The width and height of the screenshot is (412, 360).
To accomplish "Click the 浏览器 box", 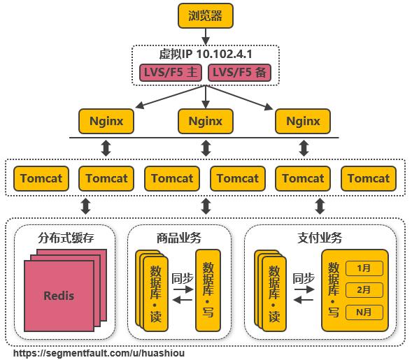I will pyautogui.click(x=205, y=15).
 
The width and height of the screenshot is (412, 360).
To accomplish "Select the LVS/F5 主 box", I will pyautogui.click(x=170, y=72).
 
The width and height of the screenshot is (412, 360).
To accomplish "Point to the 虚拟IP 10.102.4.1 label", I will pyautogui.click(x=205, y=54).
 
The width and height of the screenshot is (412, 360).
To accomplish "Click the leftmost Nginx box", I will pyautogui.click(x=106, y=122).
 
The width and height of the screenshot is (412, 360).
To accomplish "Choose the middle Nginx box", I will pyautogui.click(x=205, y=122).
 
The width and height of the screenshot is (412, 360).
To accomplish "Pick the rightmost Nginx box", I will pyautogui.click(x=303, y=122).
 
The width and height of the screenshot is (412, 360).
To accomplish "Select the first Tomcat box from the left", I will pyautogui.click(x=41, y=178).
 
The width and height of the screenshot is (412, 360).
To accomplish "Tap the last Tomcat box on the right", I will pyautogui.click(x=369, y=178).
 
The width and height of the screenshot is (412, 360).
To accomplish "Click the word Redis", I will pyautogui.click(x=59, y=295).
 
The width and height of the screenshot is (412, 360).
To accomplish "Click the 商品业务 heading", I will pyautogui.click(x=180, y=238).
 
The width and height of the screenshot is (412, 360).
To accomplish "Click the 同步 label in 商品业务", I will pyautogui.click(x=182, y=278).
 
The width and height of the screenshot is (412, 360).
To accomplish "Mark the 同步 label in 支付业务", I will pyautogui.click(x=304, y=278).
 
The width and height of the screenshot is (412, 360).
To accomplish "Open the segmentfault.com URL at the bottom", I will pyautogui.click(x=99, y=353).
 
